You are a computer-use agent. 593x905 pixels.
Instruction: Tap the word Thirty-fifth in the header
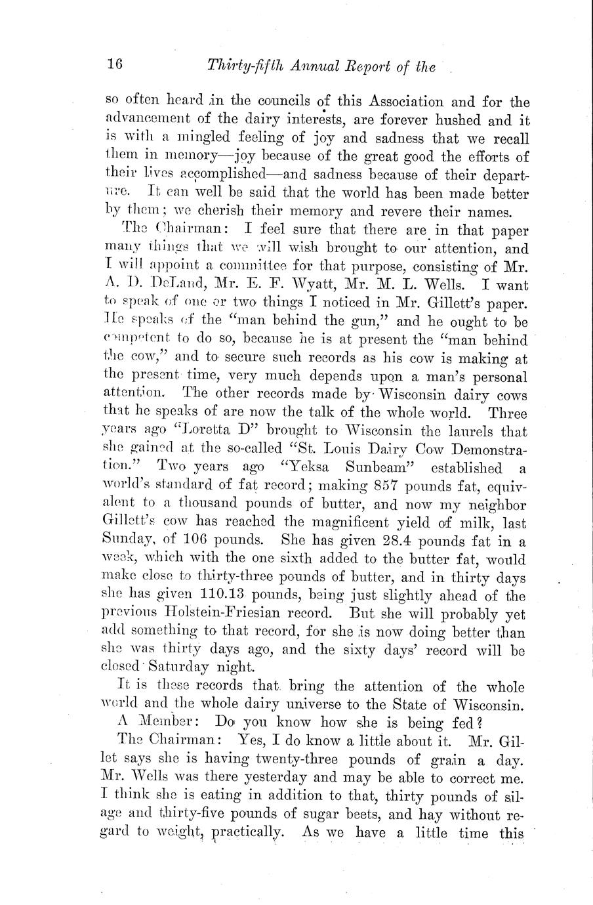[x=244, y=65]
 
